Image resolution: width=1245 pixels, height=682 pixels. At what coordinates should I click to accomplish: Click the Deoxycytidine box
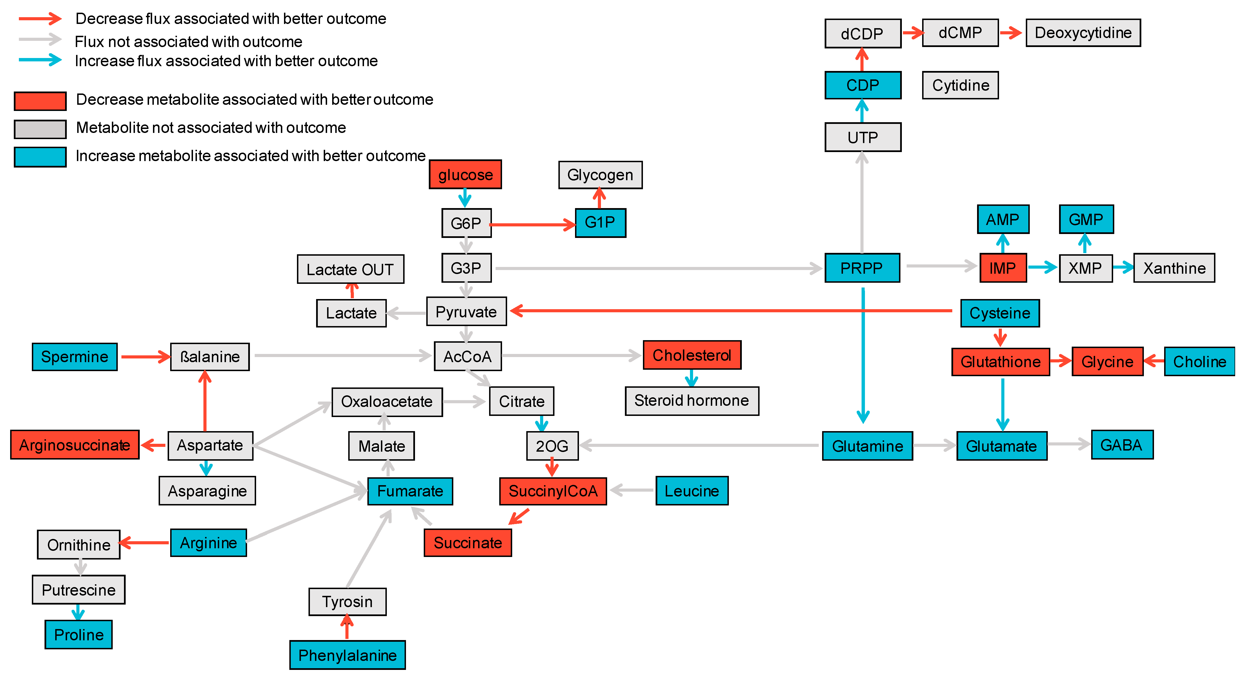[1083, 33]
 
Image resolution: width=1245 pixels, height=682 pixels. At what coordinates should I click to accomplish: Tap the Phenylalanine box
[347, 655]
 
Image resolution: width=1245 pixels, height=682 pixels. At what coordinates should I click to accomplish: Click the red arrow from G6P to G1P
[532, 225]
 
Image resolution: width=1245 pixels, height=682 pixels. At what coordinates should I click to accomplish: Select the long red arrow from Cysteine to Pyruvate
[725, 311]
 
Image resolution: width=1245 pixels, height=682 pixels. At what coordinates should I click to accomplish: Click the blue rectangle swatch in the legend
[40, 157]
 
